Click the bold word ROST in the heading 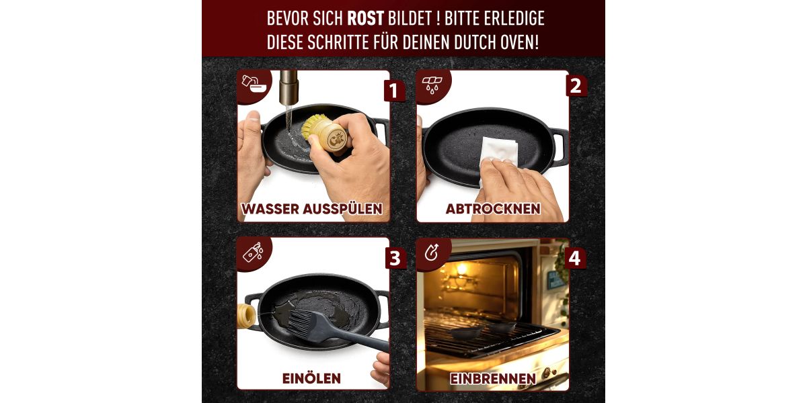click(365, 19)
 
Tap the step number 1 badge click(393, 91)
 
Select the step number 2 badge click(576, 86)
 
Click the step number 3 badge click(395, 259)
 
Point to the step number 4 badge click(574, 258)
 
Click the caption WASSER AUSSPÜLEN click(312, 209)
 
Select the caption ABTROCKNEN click(493, 209)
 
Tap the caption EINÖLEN click(311, 379)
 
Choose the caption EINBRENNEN click(493, 379)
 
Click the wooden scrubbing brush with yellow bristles click(324, 132)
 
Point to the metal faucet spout click(289, 87)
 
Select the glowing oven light click(462, 269)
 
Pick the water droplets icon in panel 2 click(432, 85)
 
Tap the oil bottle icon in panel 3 click(254, 251)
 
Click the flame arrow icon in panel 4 click(432, 252)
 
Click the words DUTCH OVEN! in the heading click(496, 42)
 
